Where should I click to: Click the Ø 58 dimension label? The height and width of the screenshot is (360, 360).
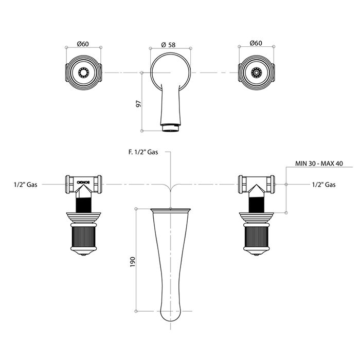(x=168, y=45)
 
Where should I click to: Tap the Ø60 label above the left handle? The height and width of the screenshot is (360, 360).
(x=83, y=44)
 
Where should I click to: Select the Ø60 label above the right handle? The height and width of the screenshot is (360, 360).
(x=256, y=43)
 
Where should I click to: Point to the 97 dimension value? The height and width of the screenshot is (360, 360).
(x=138, y=104)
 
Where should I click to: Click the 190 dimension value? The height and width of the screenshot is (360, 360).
(x=133, y=262)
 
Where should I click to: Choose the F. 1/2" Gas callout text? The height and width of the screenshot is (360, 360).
(x=143, y=152)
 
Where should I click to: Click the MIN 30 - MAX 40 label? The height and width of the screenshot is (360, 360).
(x=319, y=164)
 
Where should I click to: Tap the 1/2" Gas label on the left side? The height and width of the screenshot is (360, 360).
(x=26, y=185)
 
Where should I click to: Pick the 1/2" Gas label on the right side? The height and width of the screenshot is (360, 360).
(x=323, y=185)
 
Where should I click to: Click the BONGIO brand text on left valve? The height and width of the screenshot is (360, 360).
(x=83, y=182)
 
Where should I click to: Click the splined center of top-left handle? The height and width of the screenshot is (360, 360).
(x=83, y=73)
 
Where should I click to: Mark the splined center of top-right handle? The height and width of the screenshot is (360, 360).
(x=256, y=73)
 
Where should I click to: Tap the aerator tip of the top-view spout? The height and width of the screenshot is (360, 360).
(x=170, y=128)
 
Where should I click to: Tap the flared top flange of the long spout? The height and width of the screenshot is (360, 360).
(x=170, y=210)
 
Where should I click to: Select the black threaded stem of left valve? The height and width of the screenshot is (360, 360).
(x=83, y=205)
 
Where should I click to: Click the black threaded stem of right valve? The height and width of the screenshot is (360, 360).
(x=256, y=205)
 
